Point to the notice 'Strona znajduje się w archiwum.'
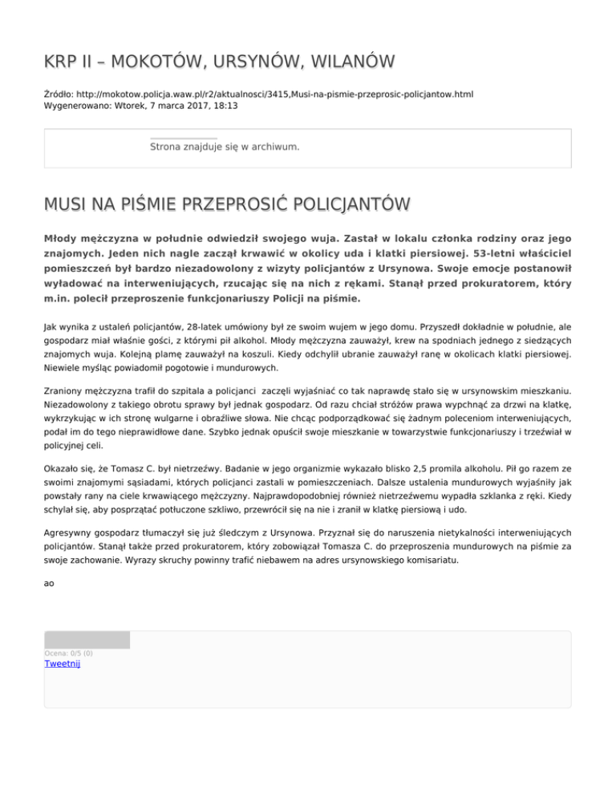[225, 147]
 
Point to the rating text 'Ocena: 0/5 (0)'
[68, 653]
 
